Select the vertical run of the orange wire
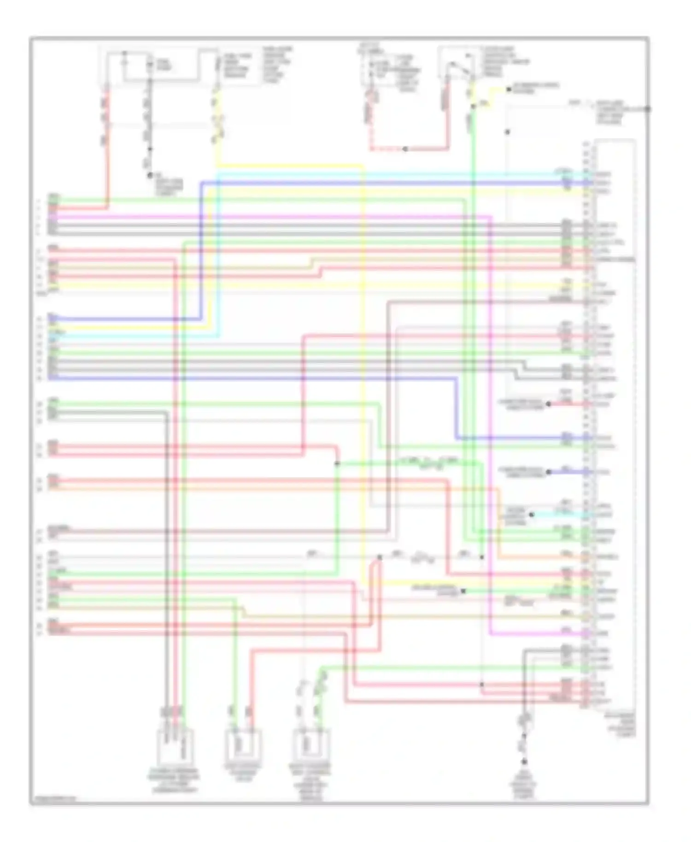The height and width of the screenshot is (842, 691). coord(498,520)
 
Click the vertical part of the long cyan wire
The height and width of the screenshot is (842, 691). coord(218,253)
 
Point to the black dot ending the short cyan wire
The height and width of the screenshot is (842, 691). coord(532,515)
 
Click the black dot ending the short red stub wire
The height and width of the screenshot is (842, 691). coord(548,404)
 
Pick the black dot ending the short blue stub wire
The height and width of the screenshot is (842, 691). coord(548,472)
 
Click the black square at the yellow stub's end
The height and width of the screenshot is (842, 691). coord(509,89)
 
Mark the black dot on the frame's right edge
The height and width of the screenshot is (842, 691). coord(647,109)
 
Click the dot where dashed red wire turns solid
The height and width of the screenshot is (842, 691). coord(405,149)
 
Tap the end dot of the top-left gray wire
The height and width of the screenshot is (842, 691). coord(150,175)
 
